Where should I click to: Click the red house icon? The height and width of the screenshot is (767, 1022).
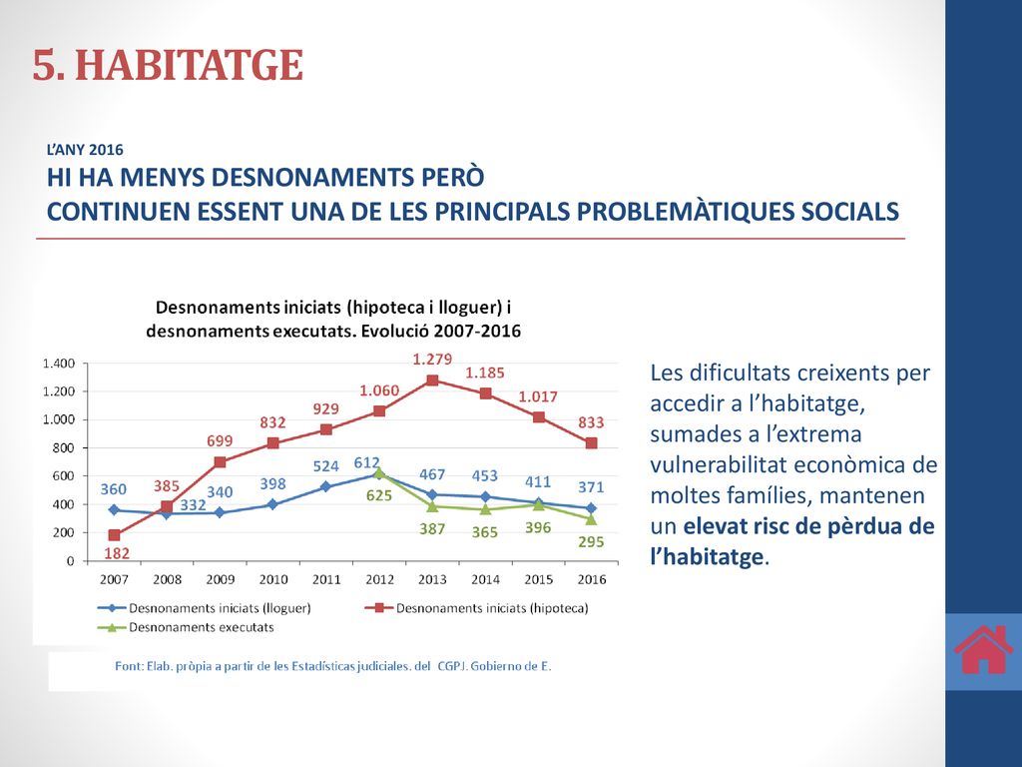pyautogui.click(x=983, y=649)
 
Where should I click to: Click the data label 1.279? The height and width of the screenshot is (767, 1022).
pyautogui.click(x=432, y=359)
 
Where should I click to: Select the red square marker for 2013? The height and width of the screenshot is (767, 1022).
pyautogui.click(x=432, y=381)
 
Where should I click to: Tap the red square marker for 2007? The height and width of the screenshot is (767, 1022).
pyautogui.click(x=114, y=535)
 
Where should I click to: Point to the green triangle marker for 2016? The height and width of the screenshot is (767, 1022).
pyautogui.click(x=591, y=519)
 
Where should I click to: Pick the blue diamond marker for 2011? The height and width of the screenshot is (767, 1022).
pyautogui.click(x=326, y=486)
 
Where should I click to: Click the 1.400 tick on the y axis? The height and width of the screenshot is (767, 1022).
pyautogui.click(x=59, y=364)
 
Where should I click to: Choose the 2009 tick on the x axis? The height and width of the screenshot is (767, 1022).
pyautogui.click(x=220, y=579)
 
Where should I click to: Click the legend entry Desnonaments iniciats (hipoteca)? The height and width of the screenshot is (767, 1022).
pyautogui.click(x=476, y=608)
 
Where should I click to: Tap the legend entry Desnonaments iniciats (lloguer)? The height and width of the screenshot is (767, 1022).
pyautogui.click(x=204, y=608)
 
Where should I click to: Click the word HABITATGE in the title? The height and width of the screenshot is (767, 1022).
pyautogui.click(x=189, y=65)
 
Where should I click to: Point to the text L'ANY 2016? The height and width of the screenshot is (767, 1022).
pyautogui.click(x=85, y=150)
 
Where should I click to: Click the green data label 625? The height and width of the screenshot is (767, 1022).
pyautogui.click(x=378, y=495)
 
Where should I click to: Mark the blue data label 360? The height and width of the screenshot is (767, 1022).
pyautogui.click(x=114, y=489)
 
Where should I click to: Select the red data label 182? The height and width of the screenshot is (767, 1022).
pyautogui.click(x=117, y=553)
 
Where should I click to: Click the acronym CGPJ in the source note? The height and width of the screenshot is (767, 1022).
pyautogui.click(x=450, y=666)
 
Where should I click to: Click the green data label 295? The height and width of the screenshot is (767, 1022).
pyautogui.click(x=591, y=542)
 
